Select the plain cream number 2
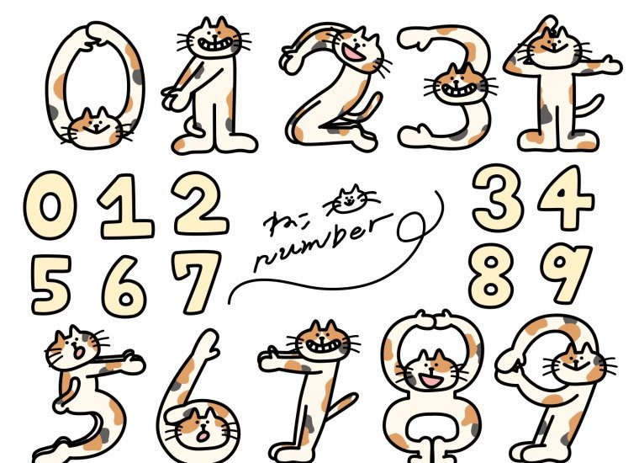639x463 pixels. (x=200, y=204)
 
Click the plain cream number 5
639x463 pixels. (x=51, y=284)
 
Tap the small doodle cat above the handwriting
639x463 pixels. (x=351, y=199)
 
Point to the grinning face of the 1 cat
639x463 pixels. (x=214, y=38)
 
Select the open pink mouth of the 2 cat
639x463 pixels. (x=353, y=53)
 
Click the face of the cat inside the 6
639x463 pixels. (x=201, y=428)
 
